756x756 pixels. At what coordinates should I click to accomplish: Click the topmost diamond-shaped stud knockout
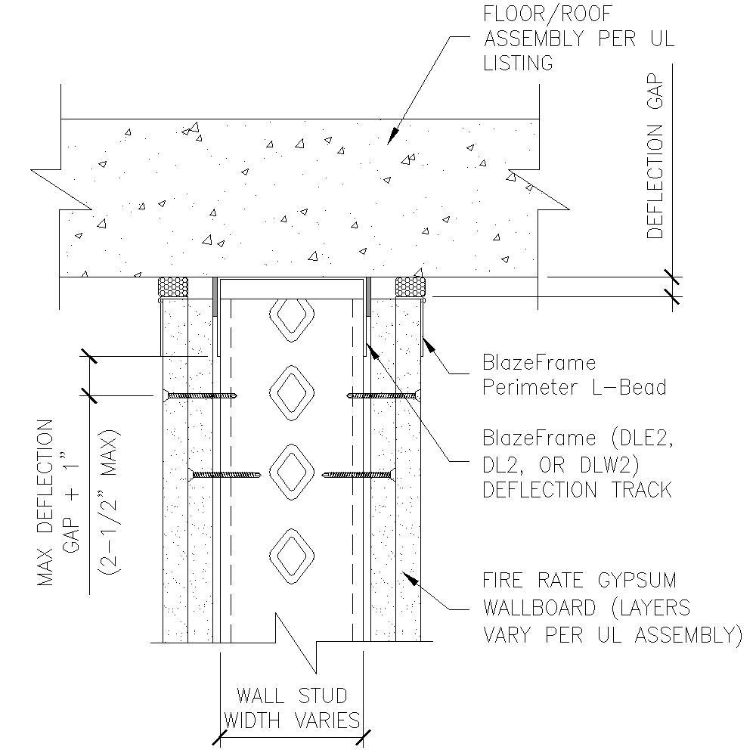[291, 318]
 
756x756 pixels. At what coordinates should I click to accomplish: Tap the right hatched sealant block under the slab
[411, 287]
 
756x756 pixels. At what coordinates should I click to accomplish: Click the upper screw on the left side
[200, 395]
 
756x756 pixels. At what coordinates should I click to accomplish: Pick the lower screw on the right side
[358, 475]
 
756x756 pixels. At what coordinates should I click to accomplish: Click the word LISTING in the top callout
[518, 62]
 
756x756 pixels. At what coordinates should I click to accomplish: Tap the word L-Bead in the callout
[631, 387]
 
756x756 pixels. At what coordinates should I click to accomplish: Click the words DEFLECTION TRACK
[577, 489]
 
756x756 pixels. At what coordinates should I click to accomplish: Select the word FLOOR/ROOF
[538, 14]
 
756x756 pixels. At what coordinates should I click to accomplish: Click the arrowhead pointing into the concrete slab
[392, 138]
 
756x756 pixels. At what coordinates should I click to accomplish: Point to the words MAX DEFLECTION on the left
[47, 503]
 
